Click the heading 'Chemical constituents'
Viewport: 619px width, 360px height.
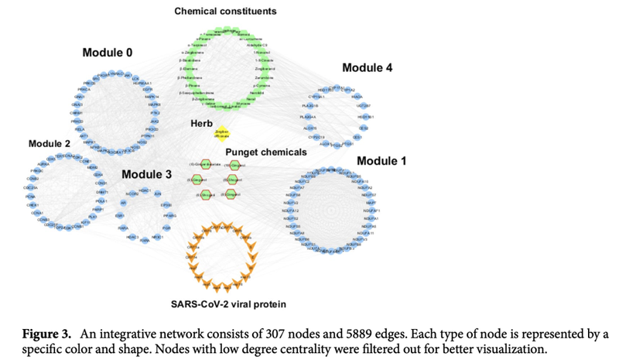pos(225,12)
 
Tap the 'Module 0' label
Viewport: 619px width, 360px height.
pos(108,53)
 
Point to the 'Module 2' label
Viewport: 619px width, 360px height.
pos(50,144)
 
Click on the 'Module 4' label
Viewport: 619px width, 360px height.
pos(367,67)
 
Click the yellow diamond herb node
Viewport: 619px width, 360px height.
pos(222,134)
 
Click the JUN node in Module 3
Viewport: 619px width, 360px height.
pos(158,194)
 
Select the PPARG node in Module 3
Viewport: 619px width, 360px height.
pos(169,216)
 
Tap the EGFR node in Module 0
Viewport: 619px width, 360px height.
pos(147,91)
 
